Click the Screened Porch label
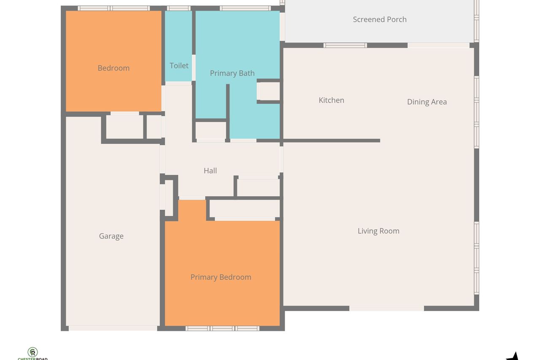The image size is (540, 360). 380,19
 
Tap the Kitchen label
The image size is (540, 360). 332,100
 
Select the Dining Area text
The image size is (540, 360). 427,102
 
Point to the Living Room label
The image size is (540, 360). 378,231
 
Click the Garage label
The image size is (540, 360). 111,236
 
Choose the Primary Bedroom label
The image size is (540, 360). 221,277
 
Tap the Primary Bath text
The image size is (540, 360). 232,73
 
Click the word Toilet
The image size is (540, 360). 179,65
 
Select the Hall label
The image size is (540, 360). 210,171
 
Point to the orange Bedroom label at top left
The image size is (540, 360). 113,68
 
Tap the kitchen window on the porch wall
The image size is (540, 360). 345,45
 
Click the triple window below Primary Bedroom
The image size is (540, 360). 222,328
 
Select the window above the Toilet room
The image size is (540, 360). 178,8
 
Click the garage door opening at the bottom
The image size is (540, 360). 113,328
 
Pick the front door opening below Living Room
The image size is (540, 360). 387,308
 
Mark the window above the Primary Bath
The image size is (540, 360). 245,8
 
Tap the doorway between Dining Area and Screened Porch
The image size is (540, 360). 438,45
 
